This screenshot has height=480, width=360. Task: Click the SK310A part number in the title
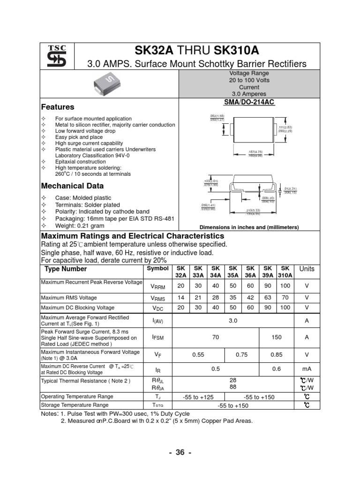tap(237, 50)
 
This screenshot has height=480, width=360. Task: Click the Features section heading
tap(58, 107)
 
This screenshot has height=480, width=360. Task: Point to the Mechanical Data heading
tap(70, 186)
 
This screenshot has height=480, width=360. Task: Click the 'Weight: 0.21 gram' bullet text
tap(80, 226)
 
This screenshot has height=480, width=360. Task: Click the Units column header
tap(307, 269)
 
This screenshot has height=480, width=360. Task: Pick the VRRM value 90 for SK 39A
tap(268, 286)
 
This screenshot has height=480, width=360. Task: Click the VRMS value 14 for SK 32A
tap(181, 298)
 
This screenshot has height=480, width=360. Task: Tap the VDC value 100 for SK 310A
tap(285, 307)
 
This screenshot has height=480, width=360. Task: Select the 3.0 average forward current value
tap(233, 321)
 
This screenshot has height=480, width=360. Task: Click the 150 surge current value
tap(277, 337)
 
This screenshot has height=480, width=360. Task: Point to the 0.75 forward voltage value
tap(241, 355)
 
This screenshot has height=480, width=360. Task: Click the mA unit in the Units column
tap(307, 369)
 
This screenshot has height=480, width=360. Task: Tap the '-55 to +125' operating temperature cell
tap(199, 397)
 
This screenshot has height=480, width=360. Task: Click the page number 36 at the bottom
tap(180, 453)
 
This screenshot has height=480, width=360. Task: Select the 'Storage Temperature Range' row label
tap(75, 405)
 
